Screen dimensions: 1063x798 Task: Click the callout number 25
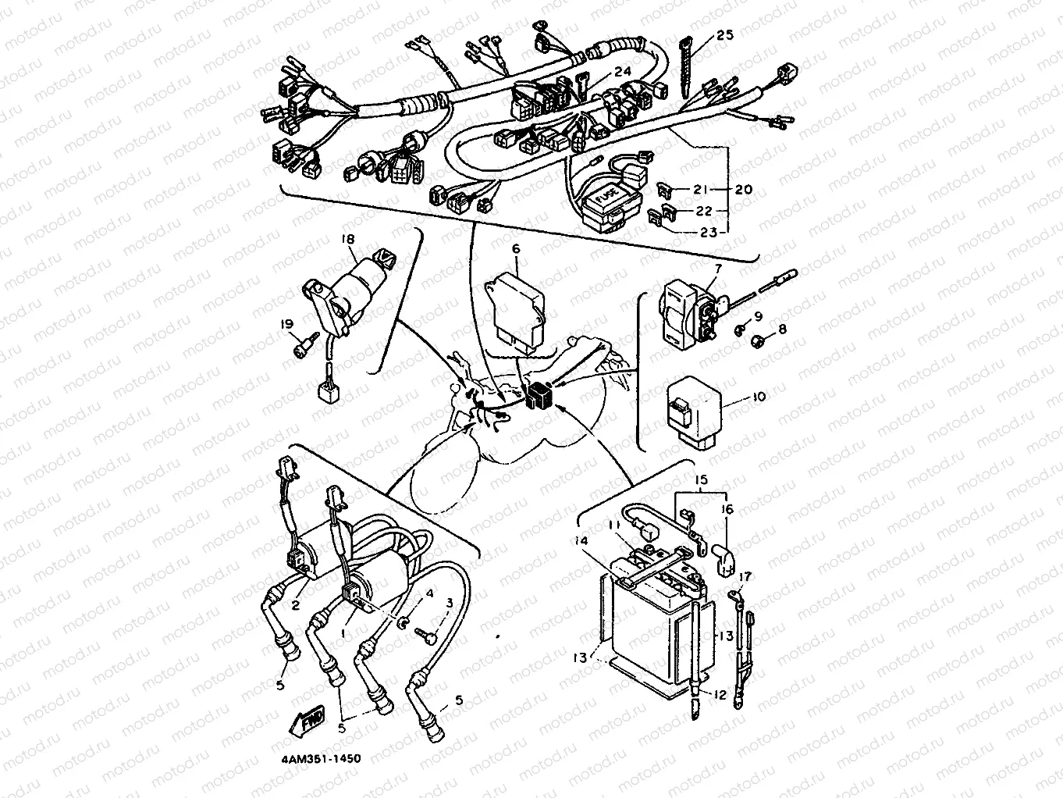(x=724, y=36)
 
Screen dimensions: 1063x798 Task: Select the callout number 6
(x=516, y=248)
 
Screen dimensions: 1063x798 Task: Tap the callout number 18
(x=347, y=238)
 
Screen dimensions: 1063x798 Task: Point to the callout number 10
(x=758, y=397)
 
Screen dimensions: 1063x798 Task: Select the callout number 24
(x=621, y=71)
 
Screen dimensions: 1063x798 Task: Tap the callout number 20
(x=743, y=190)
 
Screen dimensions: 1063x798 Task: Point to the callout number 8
(x=781, y=330)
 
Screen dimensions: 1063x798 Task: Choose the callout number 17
(x=745, y=577)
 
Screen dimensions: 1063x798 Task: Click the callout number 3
(x=449, y=603)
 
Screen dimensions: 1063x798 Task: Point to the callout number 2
(x=296, y=604)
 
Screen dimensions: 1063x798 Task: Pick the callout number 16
(x=727, y=509)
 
